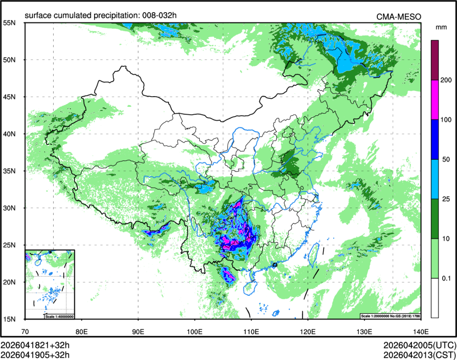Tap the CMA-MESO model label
(399, 17)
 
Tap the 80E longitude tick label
(81, 332)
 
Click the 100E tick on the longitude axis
(194, 332)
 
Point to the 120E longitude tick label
(308, 332)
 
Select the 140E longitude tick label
(420, 332)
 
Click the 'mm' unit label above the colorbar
(441, 27)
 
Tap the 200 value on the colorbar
(446, 80)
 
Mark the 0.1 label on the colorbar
(445, 278)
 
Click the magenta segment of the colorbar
(435, 100)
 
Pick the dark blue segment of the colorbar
(435, 139)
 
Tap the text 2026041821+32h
(35, 344)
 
